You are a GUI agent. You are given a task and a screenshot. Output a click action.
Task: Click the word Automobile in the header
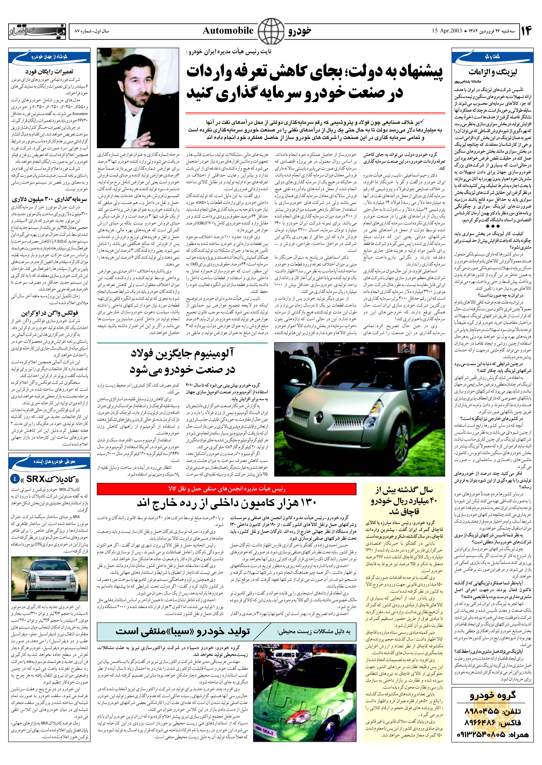[228, 31]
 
